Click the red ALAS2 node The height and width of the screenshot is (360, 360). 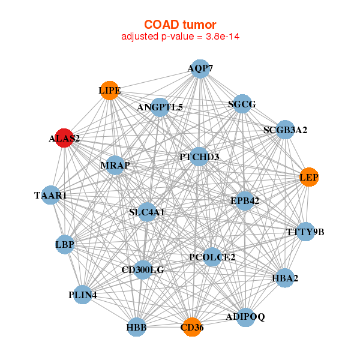tap(64, 138)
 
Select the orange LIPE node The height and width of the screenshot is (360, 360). tap(109, 91)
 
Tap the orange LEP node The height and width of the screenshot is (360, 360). tap(309, 177)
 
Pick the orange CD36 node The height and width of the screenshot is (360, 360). tap(192, 327)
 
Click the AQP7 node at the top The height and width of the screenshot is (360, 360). tap(200, 68)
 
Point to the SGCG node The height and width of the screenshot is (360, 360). tap(242, 104)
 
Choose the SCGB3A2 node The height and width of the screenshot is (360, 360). tap(286, 130)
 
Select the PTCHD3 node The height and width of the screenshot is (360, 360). tap(199, 157)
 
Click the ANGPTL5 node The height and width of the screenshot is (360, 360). tap(160, 107)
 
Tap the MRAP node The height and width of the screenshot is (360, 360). tap(115, 165)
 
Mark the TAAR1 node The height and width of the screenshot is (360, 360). tap(51, 195)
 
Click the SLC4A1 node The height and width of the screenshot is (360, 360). tap(147, 212)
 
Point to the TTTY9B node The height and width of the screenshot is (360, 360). tap(305, 232)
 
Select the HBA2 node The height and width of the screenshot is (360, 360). tap(285, 278)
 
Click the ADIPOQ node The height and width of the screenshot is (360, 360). tap(245, 316)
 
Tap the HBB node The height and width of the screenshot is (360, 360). tap(136, 328)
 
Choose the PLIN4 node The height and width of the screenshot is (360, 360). tap(82, 295)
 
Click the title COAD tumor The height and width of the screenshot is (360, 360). tap(180, 24)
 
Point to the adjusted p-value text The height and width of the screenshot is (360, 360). tap(180, 37)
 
